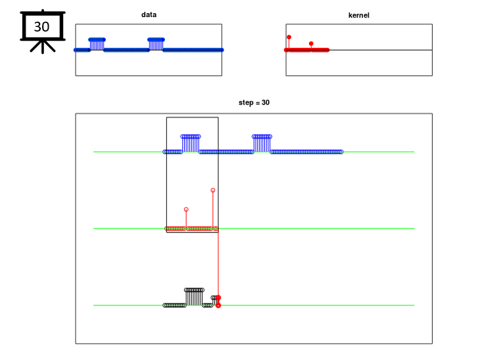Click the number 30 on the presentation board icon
point(41,27)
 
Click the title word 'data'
point(149,14)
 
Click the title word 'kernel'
point(359,15)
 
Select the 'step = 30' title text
point(254,102)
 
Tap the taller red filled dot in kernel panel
point(289,37)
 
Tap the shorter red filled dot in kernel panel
point(311,43)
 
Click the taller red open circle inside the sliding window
point(213,190)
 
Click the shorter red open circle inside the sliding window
point(186,210)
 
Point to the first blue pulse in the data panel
point(97,44)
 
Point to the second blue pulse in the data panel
point(156,44)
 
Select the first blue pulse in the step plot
point(191,143)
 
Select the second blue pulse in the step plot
point(262,143)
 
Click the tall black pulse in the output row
point(194,297)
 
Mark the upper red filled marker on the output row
point(218,298)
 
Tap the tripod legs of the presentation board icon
point(43,47)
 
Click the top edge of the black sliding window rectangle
point(192,118)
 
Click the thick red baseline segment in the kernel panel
point(307,50)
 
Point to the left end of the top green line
point(93,152)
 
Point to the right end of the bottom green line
point(414,305)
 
